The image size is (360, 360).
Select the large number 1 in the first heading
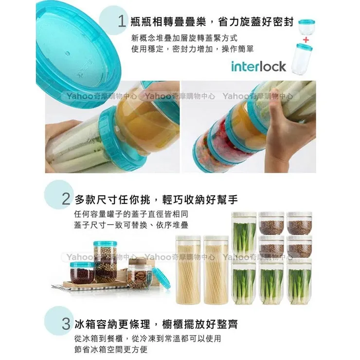pyautogui.click(x=122, y=21)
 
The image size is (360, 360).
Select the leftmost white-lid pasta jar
pyautogui.click(x=187, y=268)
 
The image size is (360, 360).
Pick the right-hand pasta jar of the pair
pyautogui.click(x=216, y=268)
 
